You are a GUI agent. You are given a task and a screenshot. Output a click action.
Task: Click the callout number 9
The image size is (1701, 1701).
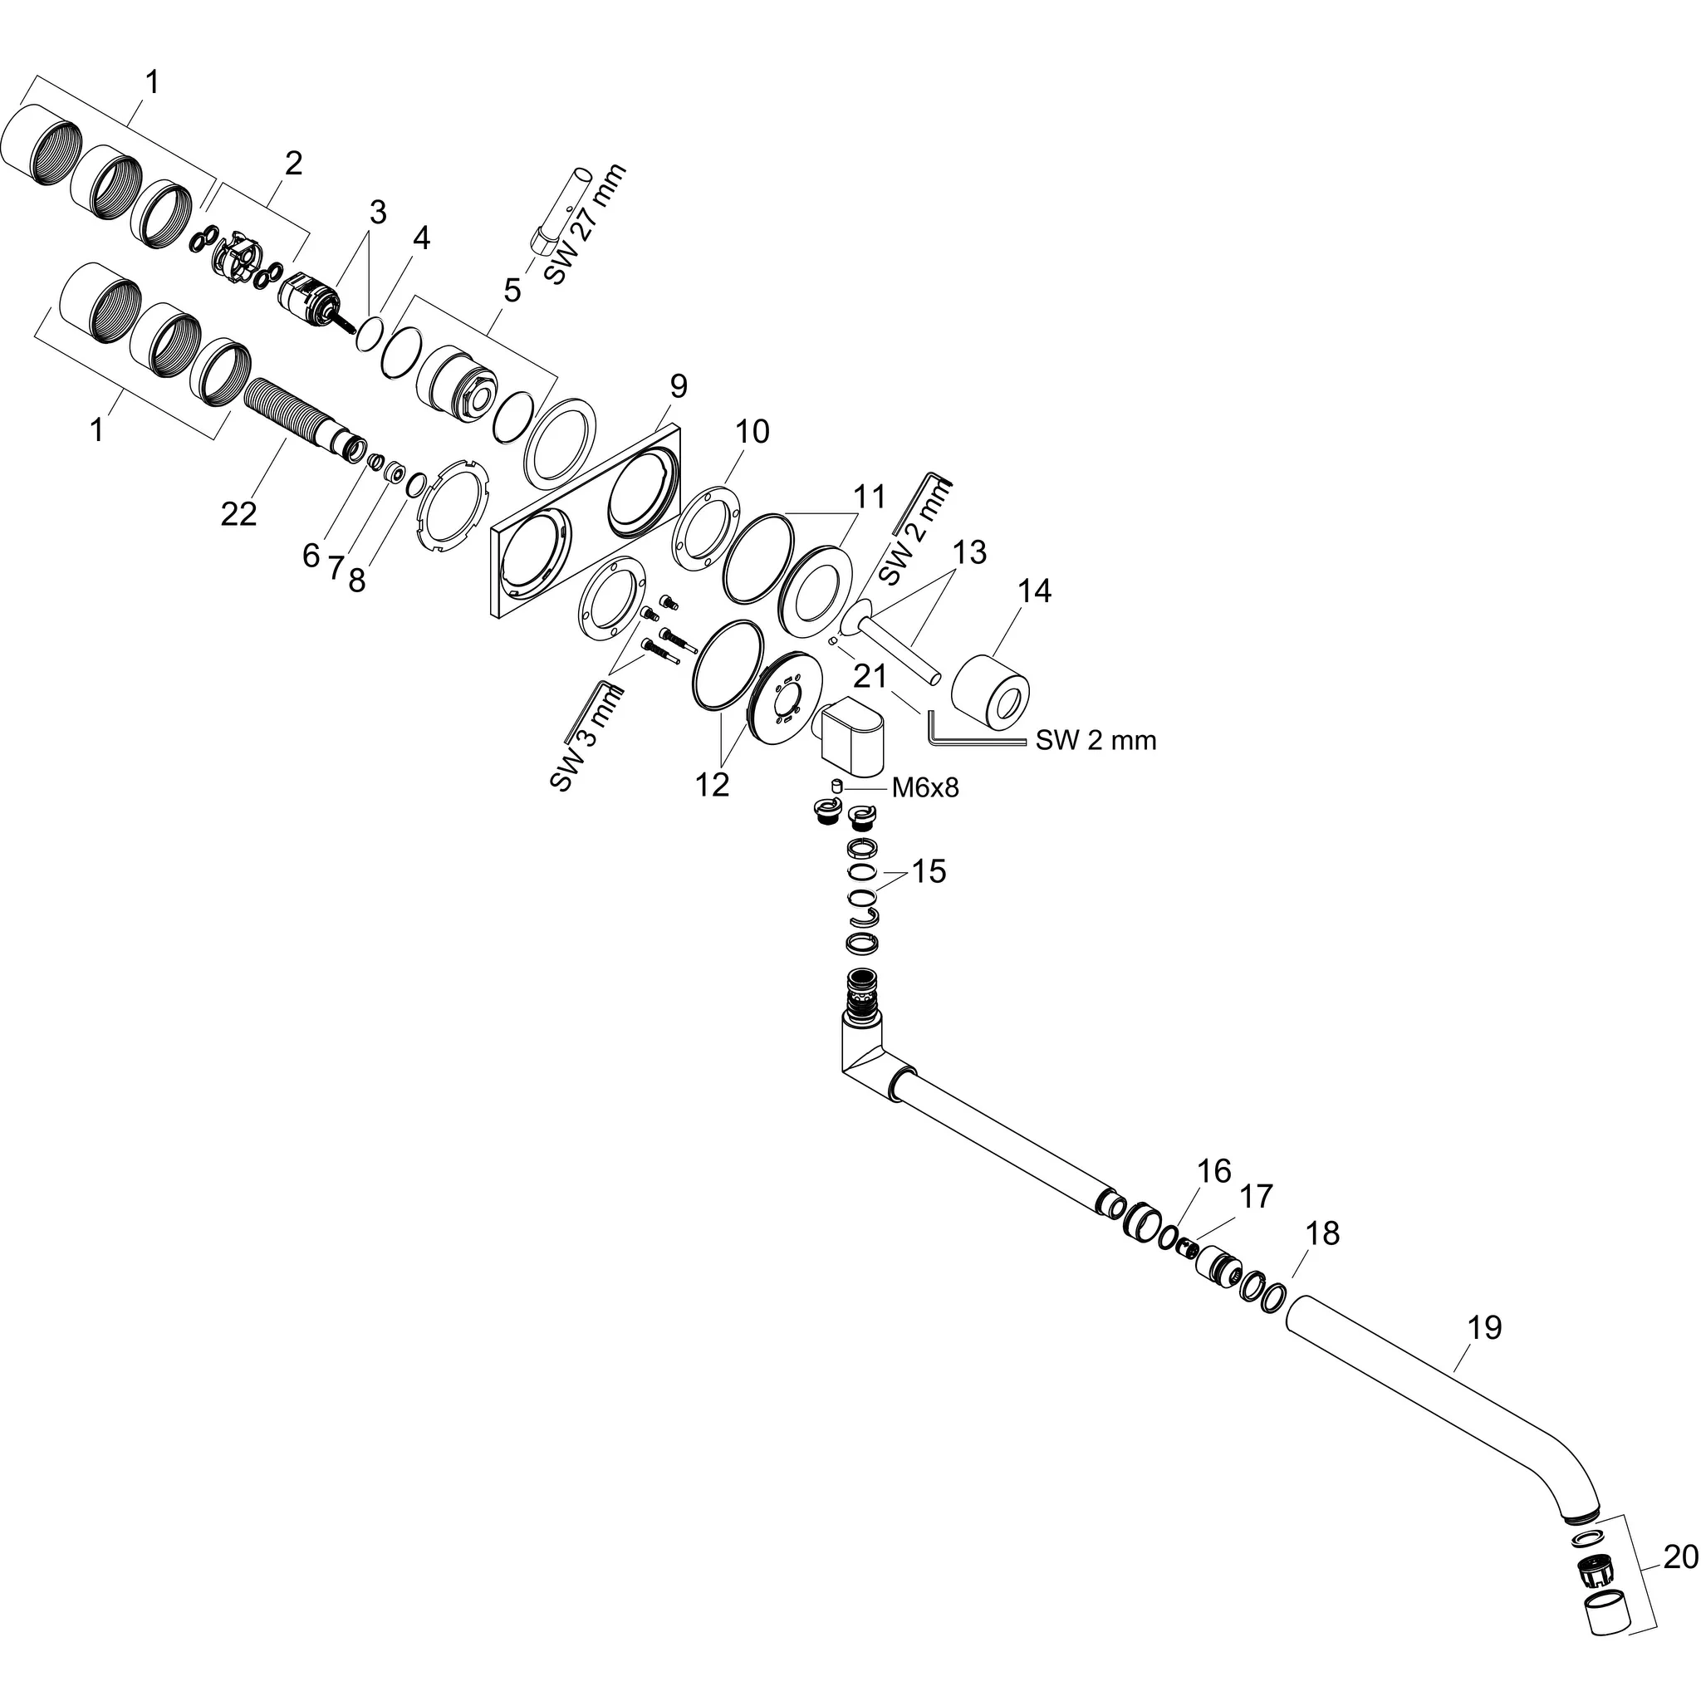677,385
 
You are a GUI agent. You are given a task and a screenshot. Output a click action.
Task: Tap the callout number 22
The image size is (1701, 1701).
238,513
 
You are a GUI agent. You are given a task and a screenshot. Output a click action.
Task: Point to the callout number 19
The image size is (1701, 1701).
1484,1326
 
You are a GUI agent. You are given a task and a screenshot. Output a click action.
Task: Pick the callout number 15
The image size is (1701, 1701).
928,871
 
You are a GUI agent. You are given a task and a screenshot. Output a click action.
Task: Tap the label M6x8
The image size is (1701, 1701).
924,787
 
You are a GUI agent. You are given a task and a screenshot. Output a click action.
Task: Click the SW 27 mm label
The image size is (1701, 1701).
585,224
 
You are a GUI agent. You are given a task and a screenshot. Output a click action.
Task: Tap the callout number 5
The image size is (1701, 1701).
512,290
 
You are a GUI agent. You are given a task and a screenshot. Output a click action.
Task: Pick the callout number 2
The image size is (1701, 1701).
293,164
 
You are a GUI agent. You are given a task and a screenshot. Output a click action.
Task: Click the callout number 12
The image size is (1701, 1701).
712,783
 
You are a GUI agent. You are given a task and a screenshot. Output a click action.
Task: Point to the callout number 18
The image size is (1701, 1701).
1322,1233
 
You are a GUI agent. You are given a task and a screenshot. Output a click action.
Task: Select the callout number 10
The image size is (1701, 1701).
752,431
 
